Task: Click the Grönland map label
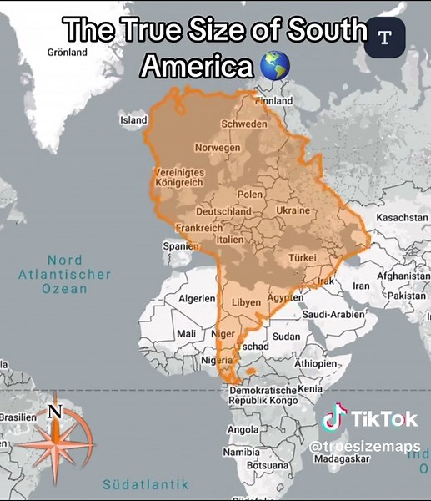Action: (68, 53)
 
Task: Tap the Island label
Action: (133, 120)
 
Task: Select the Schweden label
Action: (244, 124)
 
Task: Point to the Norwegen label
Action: (217, 147)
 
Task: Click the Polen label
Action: (250, 194)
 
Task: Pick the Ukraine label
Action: (293, 210)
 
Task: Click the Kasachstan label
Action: (403, 217)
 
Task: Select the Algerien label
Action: (198, 298)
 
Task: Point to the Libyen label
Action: (246, 301)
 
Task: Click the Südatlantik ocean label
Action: (146, 484)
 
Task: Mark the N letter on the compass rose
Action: (55, 411)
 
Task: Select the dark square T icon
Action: (384, 38)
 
